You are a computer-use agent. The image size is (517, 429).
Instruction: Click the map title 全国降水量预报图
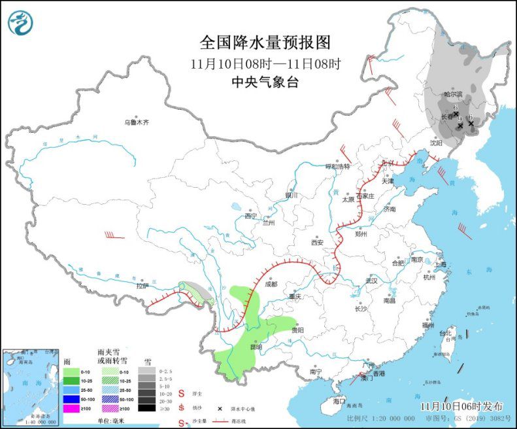(x=265, y=43)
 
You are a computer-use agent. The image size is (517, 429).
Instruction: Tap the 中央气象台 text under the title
(x=265, y=82)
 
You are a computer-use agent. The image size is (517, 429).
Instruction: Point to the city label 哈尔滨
(x=453, y=95)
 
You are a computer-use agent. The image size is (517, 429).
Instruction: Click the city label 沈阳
(x=436, y=142)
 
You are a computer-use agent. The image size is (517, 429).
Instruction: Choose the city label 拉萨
(x=142, y=285)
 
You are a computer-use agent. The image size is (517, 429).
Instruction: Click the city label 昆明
(x=255, y=347)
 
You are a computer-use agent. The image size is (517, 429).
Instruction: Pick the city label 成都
(x=271, y=284)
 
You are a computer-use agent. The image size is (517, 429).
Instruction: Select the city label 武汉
(x=372, y=280)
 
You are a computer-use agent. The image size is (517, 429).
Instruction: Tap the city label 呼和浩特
(x=338, y=167)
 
